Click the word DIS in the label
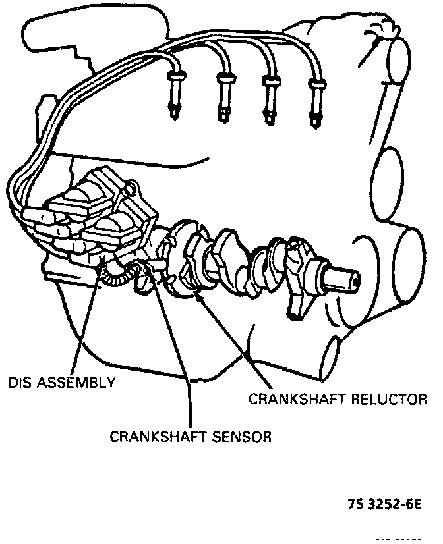(x=20, y=381)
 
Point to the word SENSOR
(x=238, y=436)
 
